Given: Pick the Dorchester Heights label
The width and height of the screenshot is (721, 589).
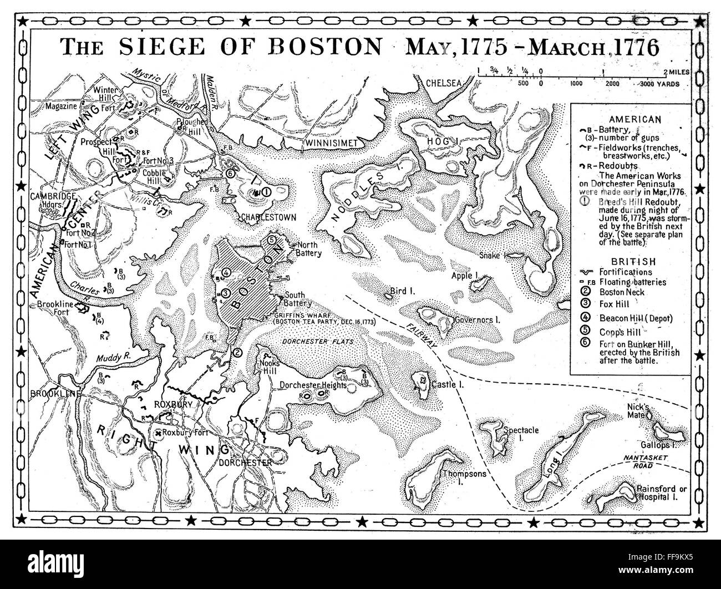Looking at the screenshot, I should click(x=313, y=385).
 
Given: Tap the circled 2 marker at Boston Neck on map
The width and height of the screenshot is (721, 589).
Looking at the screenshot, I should click(x=237, y=352).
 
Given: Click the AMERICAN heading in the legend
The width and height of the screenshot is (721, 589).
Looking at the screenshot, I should click(x=634, y=119).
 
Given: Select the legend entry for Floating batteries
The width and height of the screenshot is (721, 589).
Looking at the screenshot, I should click(x=632, y=282).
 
